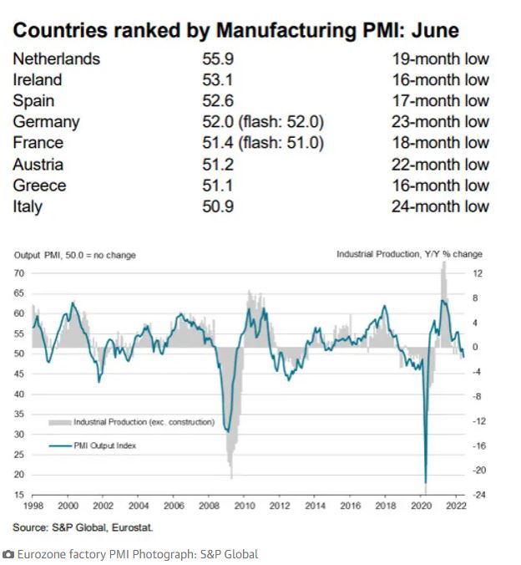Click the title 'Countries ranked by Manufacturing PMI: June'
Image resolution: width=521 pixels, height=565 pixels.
(x=236, y=32)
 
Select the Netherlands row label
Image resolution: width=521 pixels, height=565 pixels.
(x=56, y=59)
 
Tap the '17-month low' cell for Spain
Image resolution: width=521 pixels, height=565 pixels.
(x=440, y=101)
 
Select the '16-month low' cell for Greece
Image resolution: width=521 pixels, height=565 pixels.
(x=440, y=186)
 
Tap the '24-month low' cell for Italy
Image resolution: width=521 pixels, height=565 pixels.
(x=440, y=206)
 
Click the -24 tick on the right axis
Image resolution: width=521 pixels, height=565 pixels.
(x=479, y=495)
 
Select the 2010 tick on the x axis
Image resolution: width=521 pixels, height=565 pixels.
(x=245, y=506)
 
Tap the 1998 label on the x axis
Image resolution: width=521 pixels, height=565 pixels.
(x=34, y=506)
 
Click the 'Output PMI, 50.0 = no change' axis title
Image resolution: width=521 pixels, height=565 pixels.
(x=74, y=255)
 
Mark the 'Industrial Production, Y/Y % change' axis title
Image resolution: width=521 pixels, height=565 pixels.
(x=409, y=254)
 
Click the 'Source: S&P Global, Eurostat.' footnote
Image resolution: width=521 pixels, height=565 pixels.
(x=83, y=527)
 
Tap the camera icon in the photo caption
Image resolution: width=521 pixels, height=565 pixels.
(x=8, y=554)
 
